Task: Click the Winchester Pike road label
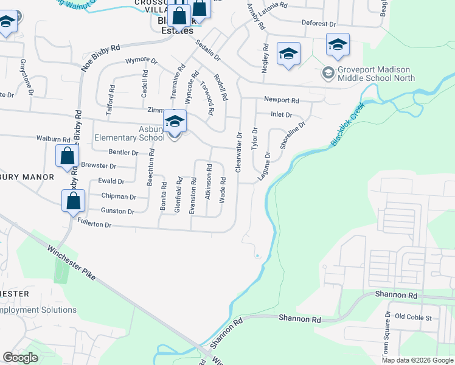(x=71, y=263)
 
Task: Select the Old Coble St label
(x=413, y=318)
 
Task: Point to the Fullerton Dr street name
(x=95, y=224)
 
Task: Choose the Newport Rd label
(x=281, y=100)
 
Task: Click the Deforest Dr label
(x=319, y=24)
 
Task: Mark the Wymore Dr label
(x=141, y=61)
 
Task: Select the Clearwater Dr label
(x=239, y=152)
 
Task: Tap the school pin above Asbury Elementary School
(x=175, y=122)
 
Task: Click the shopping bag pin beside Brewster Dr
(x=67, y=156)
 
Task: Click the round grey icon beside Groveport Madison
(x=328, y=73)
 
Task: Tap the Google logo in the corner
(x=21, y=357)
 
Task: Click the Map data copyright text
(x=417, y=360)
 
